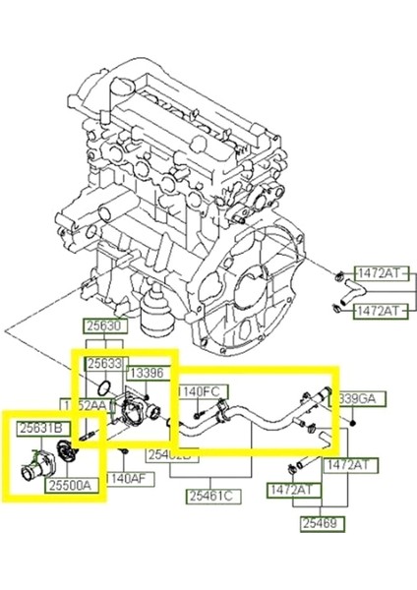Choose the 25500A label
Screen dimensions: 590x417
[x=77, y=486]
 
